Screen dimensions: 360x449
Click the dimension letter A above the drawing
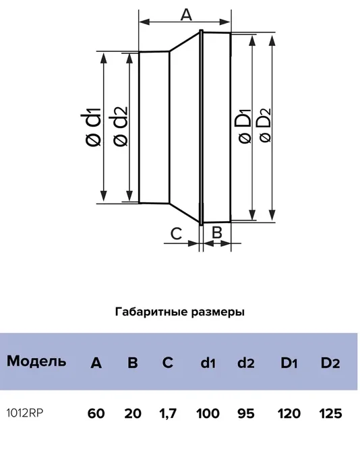[186, 15]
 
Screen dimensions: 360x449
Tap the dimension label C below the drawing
[176, 234]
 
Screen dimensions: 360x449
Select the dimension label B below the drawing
[217, 232]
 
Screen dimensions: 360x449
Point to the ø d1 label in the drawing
[91, 127]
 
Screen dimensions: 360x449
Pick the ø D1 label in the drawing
[245, 126]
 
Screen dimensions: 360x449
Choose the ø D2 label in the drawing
[265, 125]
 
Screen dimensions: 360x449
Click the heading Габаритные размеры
[180, 311]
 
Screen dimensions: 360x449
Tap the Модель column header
[36, 361]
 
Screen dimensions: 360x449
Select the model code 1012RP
[25, 413]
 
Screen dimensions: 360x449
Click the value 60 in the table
[96, 413]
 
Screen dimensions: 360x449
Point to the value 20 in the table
[133, 413]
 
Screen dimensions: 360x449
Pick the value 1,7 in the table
[168, 414]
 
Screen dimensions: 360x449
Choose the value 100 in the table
[208, 413]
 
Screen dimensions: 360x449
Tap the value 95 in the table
[245, 413]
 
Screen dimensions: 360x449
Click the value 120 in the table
[289, 413]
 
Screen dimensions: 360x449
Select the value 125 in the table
[330, 413]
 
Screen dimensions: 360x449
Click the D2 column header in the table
[330, 363]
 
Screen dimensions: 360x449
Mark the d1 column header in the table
[208, 363]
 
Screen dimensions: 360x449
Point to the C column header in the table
[168, 363]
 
